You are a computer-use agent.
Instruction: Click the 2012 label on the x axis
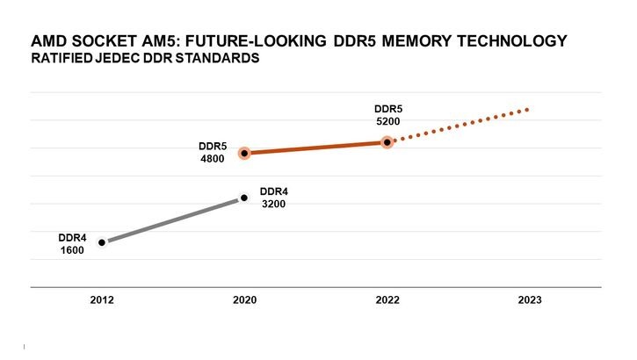point(102,300)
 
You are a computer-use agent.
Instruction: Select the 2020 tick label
point(244,300)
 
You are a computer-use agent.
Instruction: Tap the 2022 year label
point(387,300)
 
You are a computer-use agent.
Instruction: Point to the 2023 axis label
point(530,300)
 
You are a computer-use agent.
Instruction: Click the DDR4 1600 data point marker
point(102,242)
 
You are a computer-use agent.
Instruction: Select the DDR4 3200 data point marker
point(244,198)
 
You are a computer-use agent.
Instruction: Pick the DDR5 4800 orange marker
point(245,153)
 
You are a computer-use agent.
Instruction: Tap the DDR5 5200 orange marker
point(387,141)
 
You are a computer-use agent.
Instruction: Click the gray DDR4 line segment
point(173,220)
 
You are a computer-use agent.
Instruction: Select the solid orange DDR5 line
point(316,148)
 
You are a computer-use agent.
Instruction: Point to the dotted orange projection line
point(461,125)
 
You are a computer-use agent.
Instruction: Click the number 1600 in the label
point(71,249)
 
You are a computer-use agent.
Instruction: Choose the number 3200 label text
point(274,204)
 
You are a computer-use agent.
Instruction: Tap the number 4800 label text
point(212,159)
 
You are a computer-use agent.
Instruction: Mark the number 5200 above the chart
point(387,122)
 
